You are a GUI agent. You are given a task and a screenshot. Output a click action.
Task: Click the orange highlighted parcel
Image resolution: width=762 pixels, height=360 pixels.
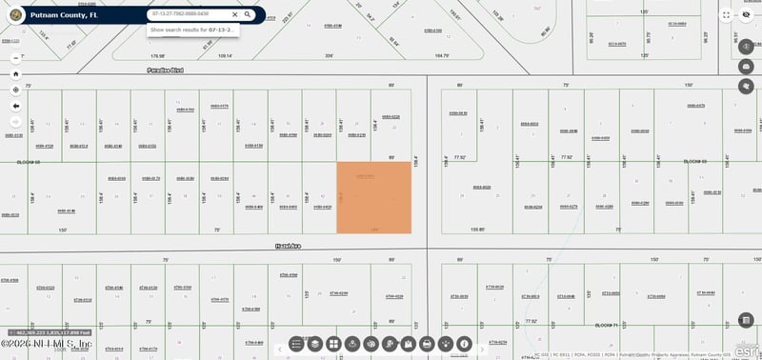coord(374,197)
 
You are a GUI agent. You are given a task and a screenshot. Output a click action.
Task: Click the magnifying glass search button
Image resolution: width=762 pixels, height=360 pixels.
coord(248,14)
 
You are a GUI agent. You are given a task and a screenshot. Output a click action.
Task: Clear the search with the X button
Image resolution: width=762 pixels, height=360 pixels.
coord(235,14)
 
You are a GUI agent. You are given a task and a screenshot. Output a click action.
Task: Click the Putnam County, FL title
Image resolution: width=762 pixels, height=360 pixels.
coord(65,16)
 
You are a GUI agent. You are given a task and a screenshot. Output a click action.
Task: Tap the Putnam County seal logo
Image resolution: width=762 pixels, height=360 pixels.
coord(16,16)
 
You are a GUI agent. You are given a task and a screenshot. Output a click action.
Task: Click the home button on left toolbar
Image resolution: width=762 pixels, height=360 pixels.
coord(15,73)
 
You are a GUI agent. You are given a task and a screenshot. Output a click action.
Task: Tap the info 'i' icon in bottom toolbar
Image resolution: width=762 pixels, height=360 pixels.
coord(464,343)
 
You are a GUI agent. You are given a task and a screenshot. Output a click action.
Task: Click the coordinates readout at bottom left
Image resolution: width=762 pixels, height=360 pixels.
coord(62,332)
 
